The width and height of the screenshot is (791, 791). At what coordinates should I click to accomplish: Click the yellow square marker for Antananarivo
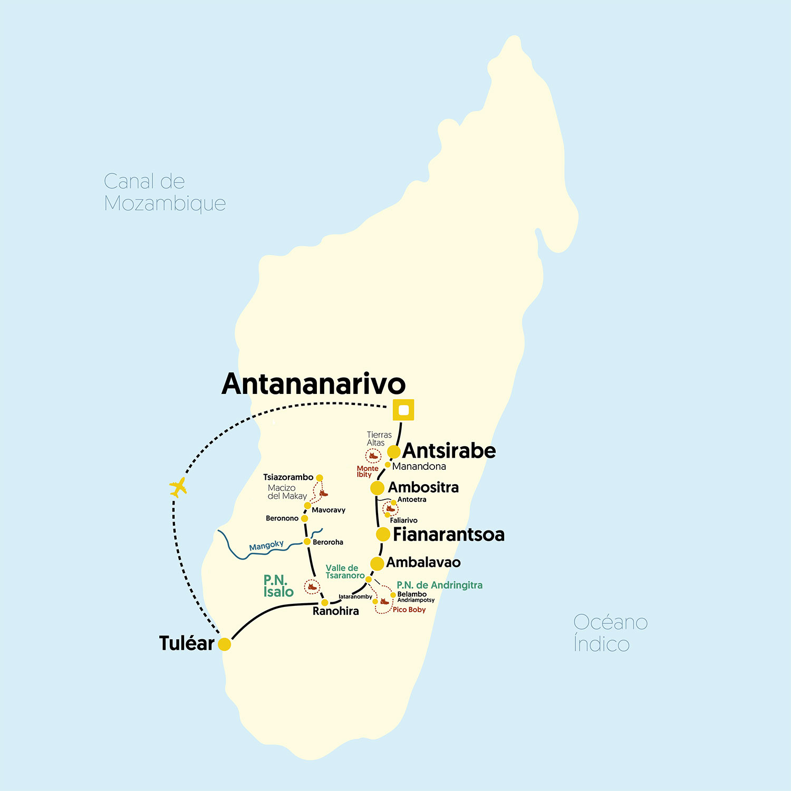(403, 410)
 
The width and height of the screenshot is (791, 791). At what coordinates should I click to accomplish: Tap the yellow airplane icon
(178, 487)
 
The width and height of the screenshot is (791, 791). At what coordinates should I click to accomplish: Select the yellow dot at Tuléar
(225, 644)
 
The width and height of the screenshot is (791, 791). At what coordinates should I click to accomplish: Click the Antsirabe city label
(449, 451)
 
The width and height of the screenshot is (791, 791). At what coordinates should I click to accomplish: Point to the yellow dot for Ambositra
(377, 488)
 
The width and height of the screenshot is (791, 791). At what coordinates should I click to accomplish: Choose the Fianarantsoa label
(448, 534)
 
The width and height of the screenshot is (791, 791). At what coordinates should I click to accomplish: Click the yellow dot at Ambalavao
(377, 564)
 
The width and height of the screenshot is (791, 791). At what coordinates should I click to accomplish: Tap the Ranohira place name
(335, 611)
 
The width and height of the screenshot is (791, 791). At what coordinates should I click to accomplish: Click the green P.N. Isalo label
(278, 586)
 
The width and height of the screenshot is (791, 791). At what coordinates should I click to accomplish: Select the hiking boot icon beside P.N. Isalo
(312, 586)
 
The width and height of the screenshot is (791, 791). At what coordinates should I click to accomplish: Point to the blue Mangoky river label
(266, 545)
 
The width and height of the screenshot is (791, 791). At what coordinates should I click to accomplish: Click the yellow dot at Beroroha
(307, 542)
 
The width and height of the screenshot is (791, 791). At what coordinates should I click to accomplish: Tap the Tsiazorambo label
(288, 477)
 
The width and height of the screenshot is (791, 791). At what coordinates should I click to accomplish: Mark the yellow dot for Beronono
(304, 518)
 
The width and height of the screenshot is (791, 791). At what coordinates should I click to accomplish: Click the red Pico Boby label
(409, 610)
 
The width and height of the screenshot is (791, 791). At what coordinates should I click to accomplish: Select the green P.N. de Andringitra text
(439, 585)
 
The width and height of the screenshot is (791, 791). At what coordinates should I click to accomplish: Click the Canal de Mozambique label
(165, 192)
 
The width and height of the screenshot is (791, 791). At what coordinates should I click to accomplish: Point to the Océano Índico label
(610, 633)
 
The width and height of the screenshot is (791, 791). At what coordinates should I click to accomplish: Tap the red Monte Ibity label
(367, 471)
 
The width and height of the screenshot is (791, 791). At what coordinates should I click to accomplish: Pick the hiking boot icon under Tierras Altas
(373, 456)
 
